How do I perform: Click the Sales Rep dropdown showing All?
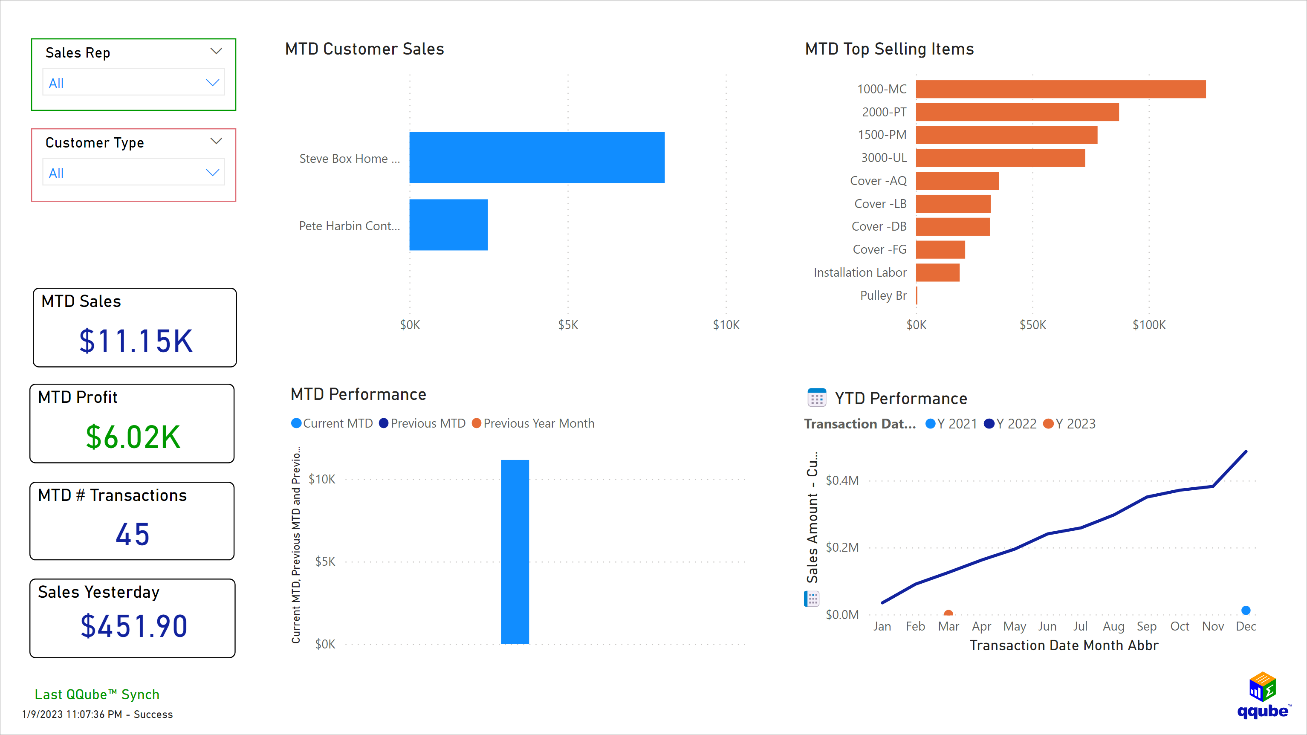click(133, 83)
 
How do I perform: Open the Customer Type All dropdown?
click(133, 173)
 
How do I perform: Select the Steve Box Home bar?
click(536, 157)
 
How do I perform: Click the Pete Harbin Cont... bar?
click(448, 225)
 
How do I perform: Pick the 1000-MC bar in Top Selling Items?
click(1061, 90)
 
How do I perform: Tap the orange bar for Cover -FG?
click(940, 250)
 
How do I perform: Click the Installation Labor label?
click(859, 272)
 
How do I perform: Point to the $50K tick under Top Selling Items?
click(1032, 325)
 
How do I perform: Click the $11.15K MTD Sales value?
click(136, 341)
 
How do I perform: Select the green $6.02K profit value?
click(133, 437)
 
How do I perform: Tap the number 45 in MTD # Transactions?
click(133, 535)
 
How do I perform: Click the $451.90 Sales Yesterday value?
click(134, 626)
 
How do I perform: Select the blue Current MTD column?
click(515, 552)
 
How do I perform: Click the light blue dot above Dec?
click(1246, 610)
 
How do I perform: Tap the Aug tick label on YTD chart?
click(1113, 626)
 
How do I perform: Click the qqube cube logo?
click(1262, 687)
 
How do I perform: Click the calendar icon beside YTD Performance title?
click(816, 398)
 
